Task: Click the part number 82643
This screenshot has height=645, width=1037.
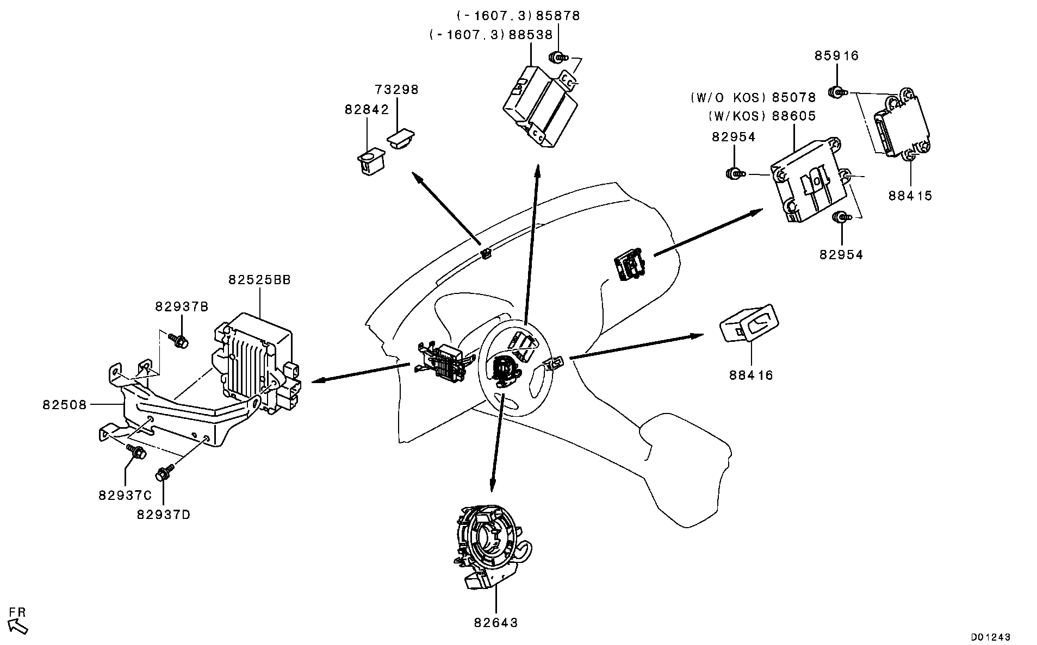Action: point(495,623)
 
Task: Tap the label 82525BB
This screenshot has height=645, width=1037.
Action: point(259,280)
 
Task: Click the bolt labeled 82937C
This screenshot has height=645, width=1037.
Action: point(135,450)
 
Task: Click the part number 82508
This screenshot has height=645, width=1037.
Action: point(65,405)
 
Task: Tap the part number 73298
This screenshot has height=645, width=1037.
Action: point(397,90)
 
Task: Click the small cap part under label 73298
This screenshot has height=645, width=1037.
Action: point(400,138)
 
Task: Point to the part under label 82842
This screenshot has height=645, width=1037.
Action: point(368,161)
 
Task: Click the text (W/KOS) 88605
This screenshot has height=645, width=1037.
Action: point(762,116)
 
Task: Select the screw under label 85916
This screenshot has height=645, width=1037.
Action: point(836,92)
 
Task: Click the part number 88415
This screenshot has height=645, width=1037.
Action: point(910,196)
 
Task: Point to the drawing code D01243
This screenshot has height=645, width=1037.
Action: point(991,636)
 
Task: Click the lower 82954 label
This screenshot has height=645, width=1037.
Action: point(841,255)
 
